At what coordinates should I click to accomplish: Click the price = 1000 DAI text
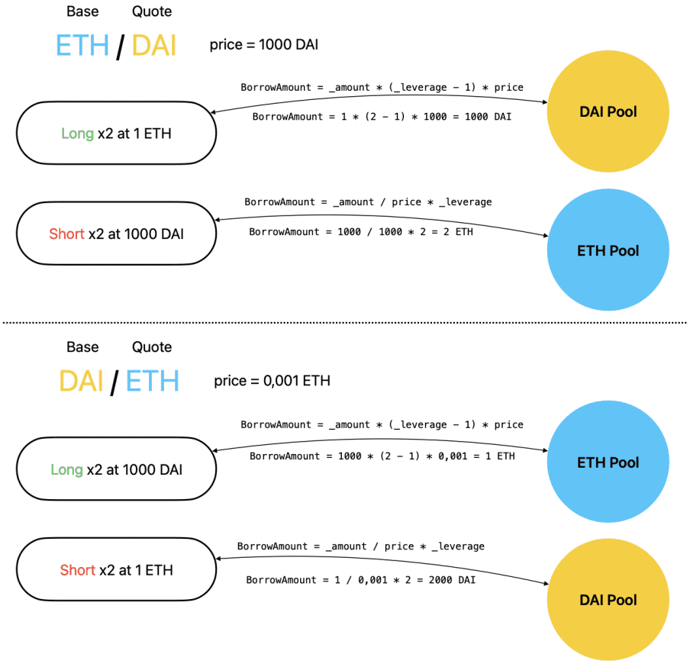pyautogui.click(x=263, y=45)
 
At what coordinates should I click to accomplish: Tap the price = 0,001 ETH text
pyautogui.click(x=272, y=380)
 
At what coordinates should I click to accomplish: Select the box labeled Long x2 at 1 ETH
pyautogui.click(x=116, y=134)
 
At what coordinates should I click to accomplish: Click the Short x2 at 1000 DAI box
pyautogui.click(x=116, y=234)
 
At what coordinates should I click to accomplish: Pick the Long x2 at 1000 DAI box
pyautogui.click(x=116, y=469)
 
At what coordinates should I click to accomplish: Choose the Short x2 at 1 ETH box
pyautogui.click(x=116, y=569)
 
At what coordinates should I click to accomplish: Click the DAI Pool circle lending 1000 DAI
pyautogui.click(x=608, y=112)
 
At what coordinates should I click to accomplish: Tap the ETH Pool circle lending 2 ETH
pyautogui.click(x=608, y=250)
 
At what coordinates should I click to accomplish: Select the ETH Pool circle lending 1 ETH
pyautogui.click(x=608, y=462)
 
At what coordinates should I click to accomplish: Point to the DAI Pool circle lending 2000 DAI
pyautogui.click(x=608, y=600)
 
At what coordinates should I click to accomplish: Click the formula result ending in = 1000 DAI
pyautogui.click(x=382, y=117)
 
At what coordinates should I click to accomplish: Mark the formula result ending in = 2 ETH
pyautogui.click(x=360, y=231)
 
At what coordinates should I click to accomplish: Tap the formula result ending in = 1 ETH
pyautogui.click(x=382, y=456)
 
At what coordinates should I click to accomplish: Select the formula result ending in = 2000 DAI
pyautogui.click(x=360, y=580)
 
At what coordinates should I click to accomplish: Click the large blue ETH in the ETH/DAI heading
pyautogui.click(x=82, y=46)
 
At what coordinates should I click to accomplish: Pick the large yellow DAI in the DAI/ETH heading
pyautogui.click(x=81, y=381)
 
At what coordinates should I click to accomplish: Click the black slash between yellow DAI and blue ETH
pyautogui.click(x=114, y=382)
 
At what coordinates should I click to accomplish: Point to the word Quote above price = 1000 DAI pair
pyautogui.click(x=152, y=12)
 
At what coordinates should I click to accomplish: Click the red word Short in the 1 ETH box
pyautogui.click(x=77, y=570)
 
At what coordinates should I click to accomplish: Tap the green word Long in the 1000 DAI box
pyautogui.click(x=66, y=470)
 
